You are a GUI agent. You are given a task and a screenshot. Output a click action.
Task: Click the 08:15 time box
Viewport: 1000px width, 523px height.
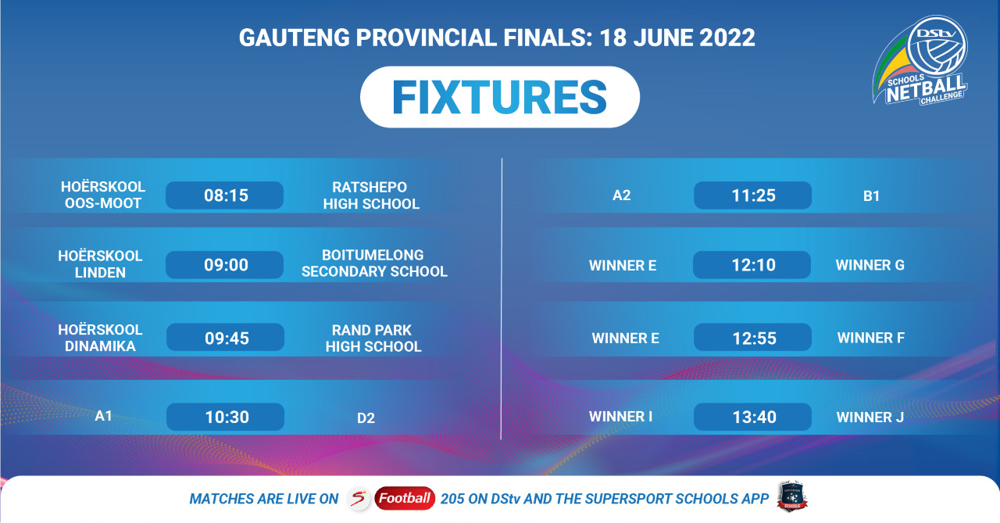pos(224,195)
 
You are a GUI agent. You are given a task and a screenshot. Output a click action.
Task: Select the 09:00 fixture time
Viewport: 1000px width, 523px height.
pos(224,265)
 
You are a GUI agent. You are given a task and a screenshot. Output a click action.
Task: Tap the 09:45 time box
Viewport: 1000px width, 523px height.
pos(226,337)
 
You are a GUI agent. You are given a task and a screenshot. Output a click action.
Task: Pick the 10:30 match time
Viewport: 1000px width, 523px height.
pos(226,417)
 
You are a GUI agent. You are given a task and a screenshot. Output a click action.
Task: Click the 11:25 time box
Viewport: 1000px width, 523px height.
pos(752,195)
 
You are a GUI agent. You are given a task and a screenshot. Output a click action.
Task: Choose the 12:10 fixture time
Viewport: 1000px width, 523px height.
pos(752,265)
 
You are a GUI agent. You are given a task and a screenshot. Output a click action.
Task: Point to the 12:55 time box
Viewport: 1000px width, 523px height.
pos(752,337)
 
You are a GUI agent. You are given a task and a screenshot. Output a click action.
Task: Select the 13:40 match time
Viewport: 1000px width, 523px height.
pos(752,417)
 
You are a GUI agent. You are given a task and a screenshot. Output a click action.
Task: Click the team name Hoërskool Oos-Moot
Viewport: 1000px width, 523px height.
pos(103,195)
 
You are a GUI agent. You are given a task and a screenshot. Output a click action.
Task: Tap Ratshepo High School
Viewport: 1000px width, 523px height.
pos(371,195)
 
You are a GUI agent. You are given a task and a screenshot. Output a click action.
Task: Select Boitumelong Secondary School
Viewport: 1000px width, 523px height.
pos(374,263)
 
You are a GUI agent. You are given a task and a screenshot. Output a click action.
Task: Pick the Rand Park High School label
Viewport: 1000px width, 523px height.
pos(373,338)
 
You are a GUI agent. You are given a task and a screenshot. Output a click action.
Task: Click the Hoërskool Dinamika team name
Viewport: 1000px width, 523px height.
pos(100,338)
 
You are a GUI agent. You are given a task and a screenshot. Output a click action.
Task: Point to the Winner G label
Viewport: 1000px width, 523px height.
pos(870,265)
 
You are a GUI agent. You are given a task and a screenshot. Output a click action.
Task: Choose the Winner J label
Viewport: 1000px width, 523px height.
pos(870,417)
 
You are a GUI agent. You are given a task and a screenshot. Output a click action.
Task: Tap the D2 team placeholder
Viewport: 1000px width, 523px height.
pos(366,418)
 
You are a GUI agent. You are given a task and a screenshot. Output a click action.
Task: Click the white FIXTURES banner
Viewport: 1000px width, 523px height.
pos(500,97)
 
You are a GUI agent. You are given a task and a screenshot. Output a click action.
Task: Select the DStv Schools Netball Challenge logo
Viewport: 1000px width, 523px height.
pos(920,60)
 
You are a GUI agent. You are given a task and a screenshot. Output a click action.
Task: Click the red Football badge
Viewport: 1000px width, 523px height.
pos(405,499)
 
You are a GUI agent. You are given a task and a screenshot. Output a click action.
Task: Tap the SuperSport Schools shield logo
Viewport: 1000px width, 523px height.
pos(792,496)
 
